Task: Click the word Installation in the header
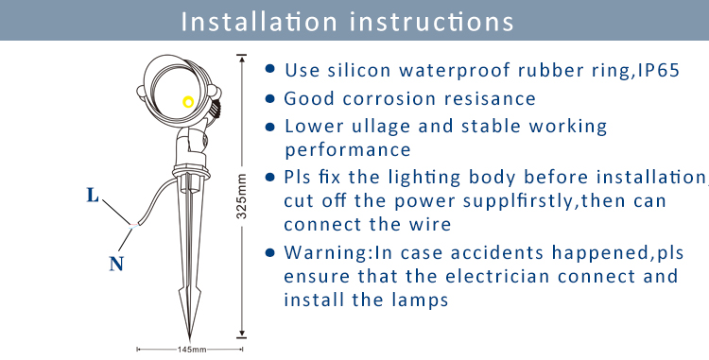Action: click(259, 21)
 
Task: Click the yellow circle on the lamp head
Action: click(188, 102)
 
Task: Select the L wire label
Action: click(93, 196)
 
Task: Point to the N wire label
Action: click(116, 264)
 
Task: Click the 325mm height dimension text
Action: click(242, 196)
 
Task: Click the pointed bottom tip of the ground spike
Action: click(189, 339)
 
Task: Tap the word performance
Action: click(347, 150)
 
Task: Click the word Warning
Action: click(326, 252)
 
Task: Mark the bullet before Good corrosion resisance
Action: click(270, 98)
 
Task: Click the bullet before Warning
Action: click(270, 252)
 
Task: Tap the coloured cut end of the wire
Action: click(134, 225)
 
